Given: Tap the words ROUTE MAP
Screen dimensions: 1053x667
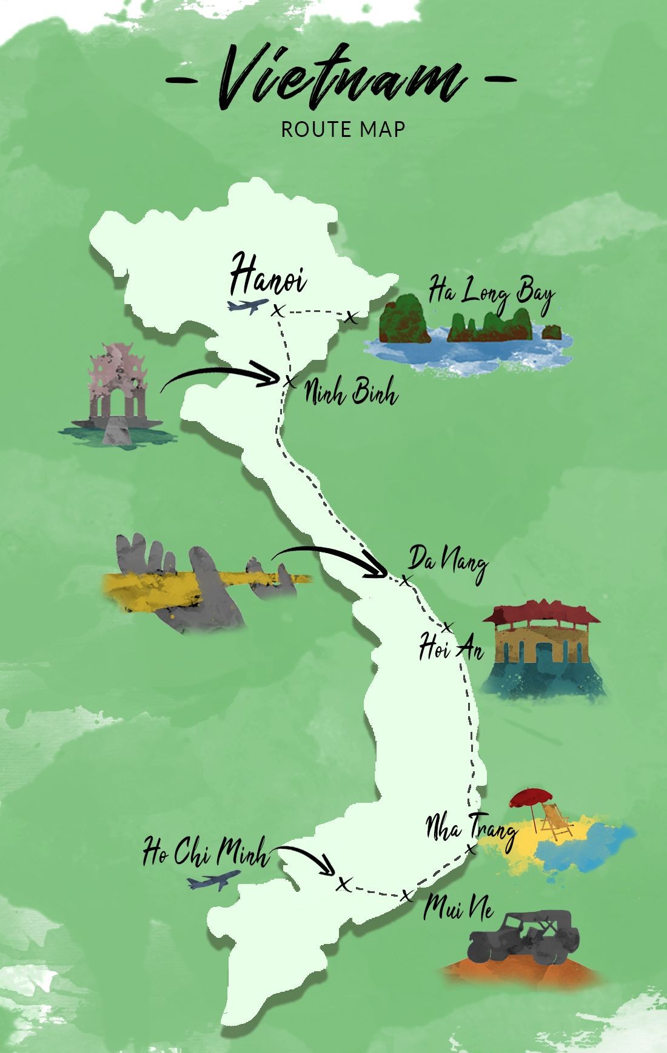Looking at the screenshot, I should [x=343, y=129].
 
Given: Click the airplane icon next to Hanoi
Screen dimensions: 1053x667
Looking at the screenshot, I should [x=247, y=305].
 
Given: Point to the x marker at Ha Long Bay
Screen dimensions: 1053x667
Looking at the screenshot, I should [x=351, y=317].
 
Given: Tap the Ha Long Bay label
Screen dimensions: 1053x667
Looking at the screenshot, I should [x=491, y=293].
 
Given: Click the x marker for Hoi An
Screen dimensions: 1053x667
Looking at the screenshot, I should [x=448, y=627].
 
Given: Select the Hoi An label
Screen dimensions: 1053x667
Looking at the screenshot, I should [x=451, y=647].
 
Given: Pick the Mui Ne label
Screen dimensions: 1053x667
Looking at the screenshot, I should [x=458, y=908].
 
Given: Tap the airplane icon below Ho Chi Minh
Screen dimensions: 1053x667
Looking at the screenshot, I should [x=213, y=880].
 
